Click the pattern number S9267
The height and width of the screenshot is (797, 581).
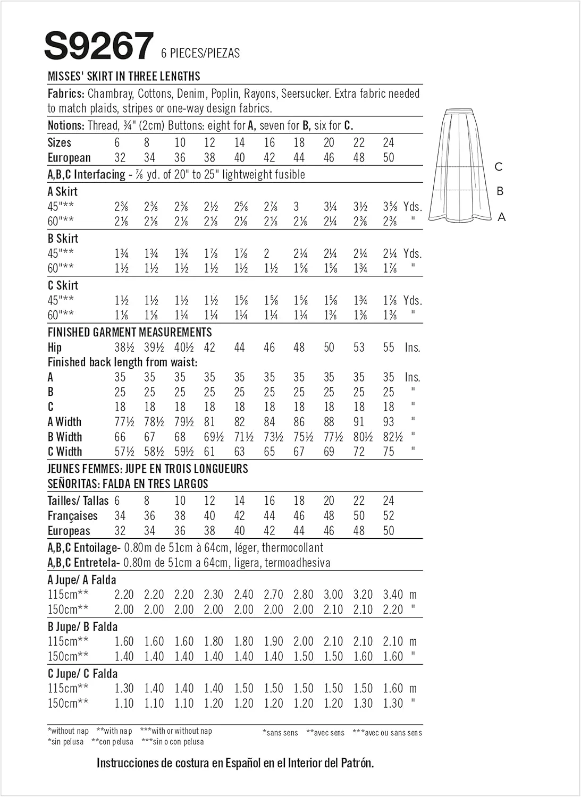tap(98, 46)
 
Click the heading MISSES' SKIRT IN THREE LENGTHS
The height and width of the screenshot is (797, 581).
tap(124, 76)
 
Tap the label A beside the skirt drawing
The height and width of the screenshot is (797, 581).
tap(501, 217)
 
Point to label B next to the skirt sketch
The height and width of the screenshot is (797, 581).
tap(500, 191)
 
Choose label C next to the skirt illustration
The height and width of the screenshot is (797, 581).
tap(498, 167)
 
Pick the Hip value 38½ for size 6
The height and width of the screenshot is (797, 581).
tap(123, 347)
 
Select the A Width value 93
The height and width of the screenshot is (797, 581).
tap(389, 422)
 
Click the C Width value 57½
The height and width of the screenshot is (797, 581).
tap(123, 452)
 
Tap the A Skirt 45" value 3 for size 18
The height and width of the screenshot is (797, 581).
tap(296, 207)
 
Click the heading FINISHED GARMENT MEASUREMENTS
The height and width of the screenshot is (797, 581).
tap(130, 333)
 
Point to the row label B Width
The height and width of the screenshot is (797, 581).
tap(65, 437)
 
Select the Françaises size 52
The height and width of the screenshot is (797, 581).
tap(389, 515)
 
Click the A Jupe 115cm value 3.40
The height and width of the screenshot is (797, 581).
tap(393, 595)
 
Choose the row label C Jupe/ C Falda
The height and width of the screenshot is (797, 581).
tap(82, 674)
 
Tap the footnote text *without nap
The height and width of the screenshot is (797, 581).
tap(68, 731)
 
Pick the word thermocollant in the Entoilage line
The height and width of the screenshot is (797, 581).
tap(292, 547)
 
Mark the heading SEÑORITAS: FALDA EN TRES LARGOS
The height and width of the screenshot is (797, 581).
tap(128, 484)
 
